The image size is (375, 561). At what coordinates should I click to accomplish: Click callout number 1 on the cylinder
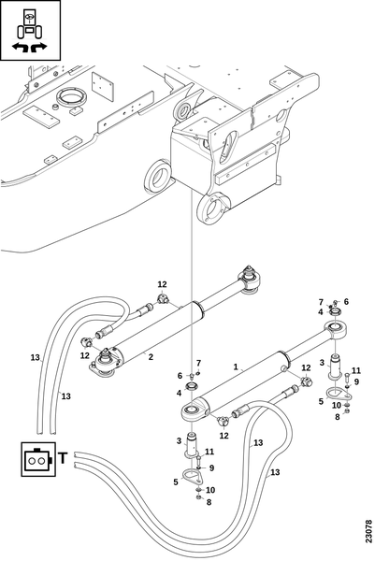click(236, 367)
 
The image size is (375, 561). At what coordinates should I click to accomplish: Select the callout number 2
click(151, 357)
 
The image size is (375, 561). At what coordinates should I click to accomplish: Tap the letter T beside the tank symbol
click(63, 458)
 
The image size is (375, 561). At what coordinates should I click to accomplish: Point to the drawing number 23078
click(368, 531)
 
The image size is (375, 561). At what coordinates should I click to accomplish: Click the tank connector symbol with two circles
click(38, 459)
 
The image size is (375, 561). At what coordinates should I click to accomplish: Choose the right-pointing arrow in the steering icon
click(39, 47)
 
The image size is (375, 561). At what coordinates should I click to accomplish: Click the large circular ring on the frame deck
click(72, 96)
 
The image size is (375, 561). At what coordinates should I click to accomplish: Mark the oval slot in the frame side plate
click(229, 146)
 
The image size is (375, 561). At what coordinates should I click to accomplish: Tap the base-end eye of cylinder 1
click(193, 412)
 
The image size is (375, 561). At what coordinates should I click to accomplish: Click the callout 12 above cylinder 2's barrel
click(163, 284)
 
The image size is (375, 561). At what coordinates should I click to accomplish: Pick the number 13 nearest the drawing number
click(275, 472)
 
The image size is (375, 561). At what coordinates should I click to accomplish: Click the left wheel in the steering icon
click(21, 32)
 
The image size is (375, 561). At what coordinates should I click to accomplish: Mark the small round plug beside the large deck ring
click(55, 107)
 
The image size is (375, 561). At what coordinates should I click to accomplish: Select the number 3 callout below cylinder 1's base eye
click(179, 441)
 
